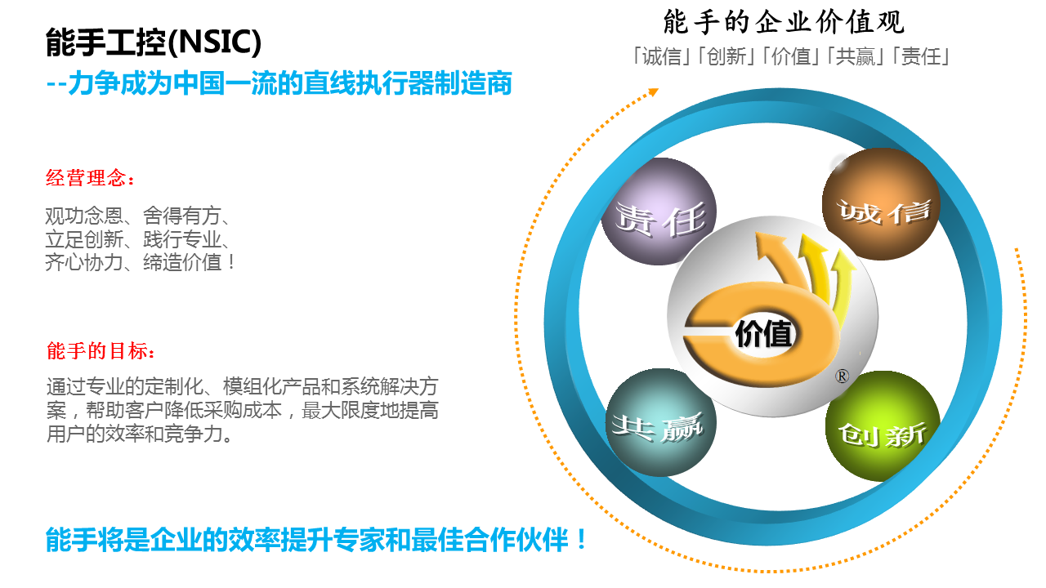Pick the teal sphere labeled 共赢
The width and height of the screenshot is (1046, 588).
click(x=660, y=424)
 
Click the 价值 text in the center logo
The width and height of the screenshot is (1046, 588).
click(x=764, y=334)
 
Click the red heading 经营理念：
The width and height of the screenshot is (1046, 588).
click(x=90, y=178)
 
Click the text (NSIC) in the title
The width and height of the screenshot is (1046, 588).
click(x=219, y=42)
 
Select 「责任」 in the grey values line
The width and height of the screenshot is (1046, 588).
click(x=920, y=56)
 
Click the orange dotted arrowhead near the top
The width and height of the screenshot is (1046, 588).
click(x=652, y=92)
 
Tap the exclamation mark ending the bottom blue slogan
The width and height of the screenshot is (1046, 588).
click(x=581, y=540)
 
